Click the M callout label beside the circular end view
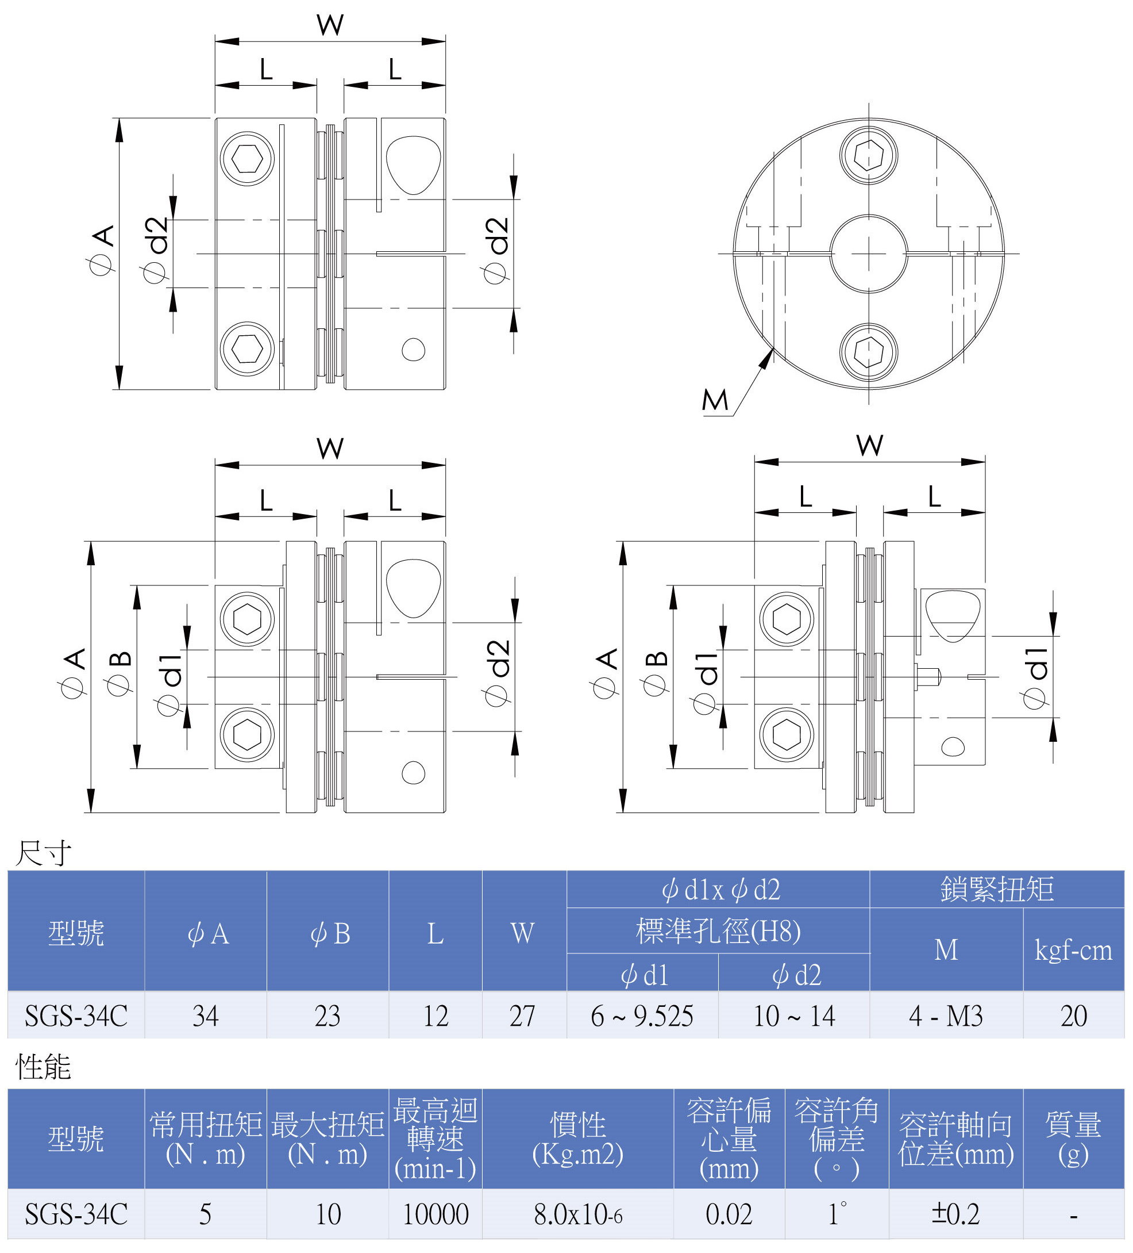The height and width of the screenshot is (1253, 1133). [714, 400]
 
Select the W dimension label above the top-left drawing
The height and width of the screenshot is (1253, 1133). [330, 25]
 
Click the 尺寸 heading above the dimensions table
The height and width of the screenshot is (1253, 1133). [43, 853]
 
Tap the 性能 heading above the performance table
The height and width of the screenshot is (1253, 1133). [43, 1067]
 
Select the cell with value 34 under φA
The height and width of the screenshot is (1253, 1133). [206, 1016]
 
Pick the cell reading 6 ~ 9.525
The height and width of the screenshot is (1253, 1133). [642, 1016]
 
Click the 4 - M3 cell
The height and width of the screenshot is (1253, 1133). [946, 1016]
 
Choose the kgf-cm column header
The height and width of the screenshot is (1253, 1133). [1073, 951]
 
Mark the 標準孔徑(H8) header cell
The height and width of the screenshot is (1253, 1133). [718, 931]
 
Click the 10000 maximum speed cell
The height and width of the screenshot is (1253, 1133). [436, 1214]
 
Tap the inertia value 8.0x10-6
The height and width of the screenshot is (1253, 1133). [577, 1214]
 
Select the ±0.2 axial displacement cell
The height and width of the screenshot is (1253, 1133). [956, 1214]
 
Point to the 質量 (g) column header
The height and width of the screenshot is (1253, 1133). [1073, 1139]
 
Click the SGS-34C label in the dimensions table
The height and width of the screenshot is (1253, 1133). [76, 1016]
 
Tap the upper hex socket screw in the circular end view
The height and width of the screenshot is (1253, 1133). [868, 155]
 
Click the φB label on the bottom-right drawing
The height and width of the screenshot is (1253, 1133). [656, 674]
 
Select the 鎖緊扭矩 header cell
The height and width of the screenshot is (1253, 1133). [997, 890]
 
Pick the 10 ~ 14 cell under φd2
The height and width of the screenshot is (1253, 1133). [794, 1016]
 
